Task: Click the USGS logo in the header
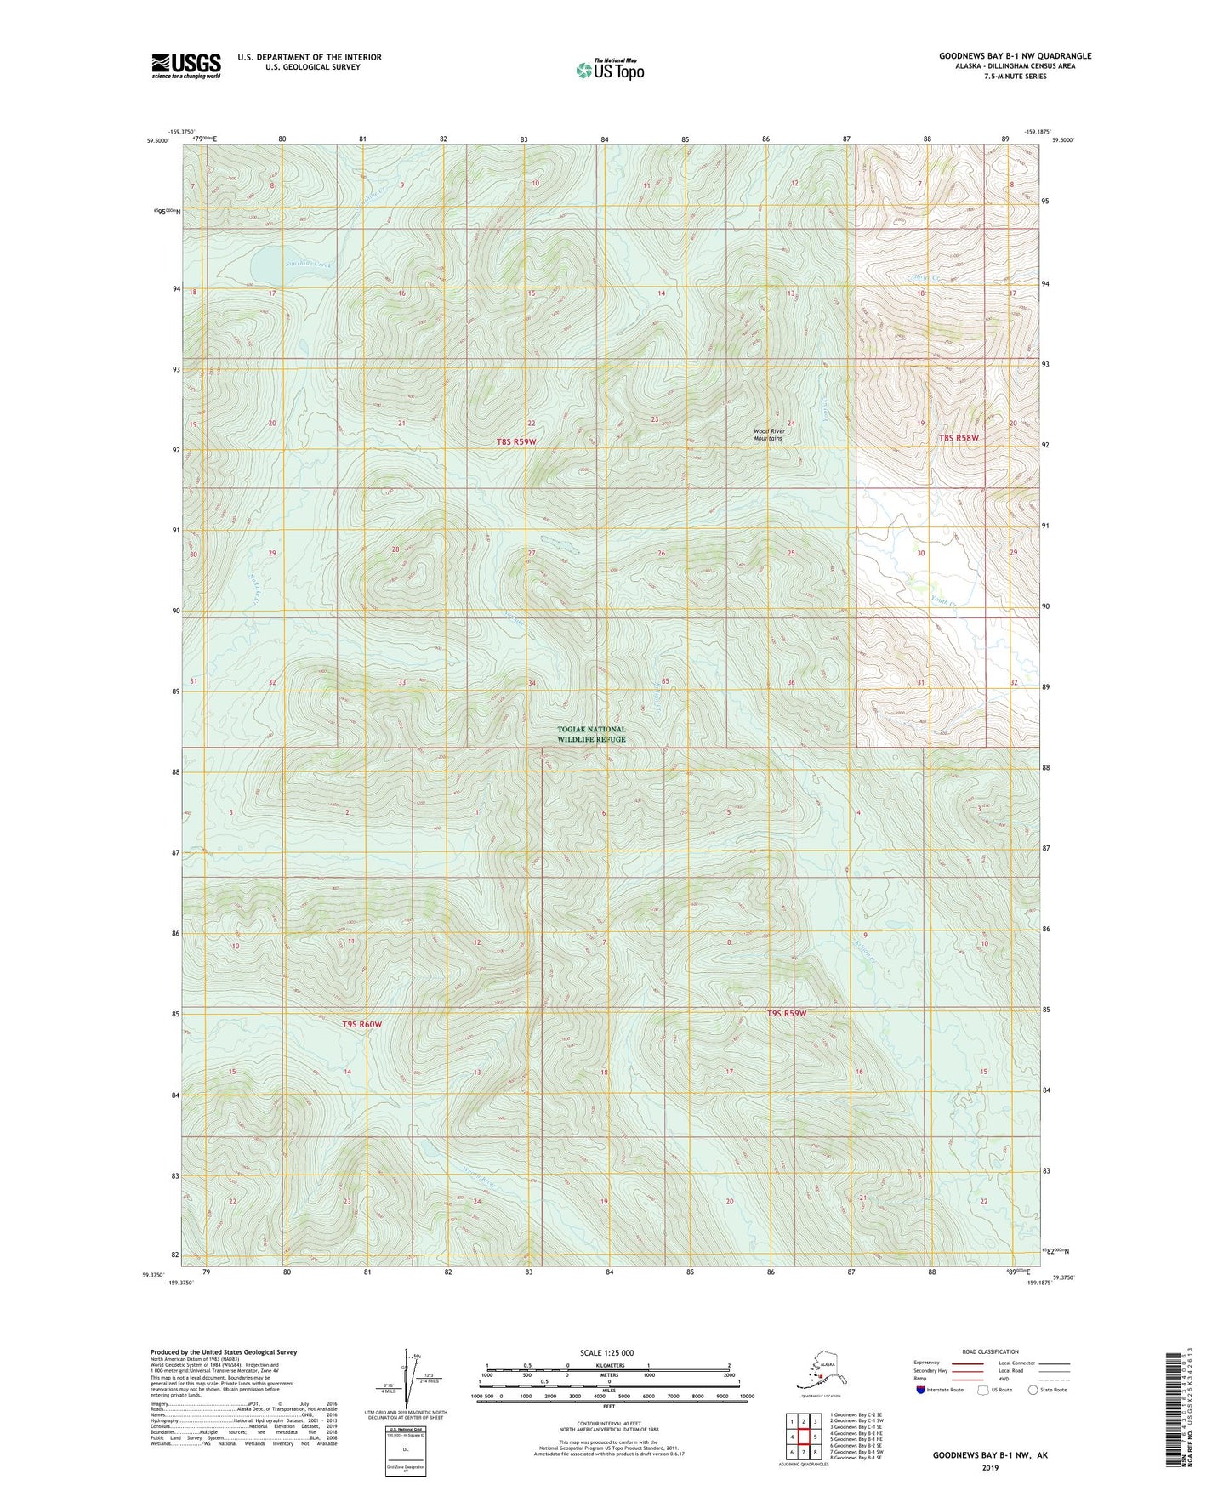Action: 185,65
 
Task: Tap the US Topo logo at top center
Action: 609,70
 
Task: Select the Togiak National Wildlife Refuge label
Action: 591,734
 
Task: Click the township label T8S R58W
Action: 959,438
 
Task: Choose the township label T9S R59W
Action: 786,1013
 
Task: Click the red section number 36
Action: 791,682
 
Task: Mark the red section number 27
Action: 532,553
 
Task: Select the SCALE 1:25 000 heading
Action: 607,1352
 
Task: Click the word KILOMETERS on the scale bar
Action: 607,1365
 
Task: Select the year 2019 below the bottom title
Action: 990,1467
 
